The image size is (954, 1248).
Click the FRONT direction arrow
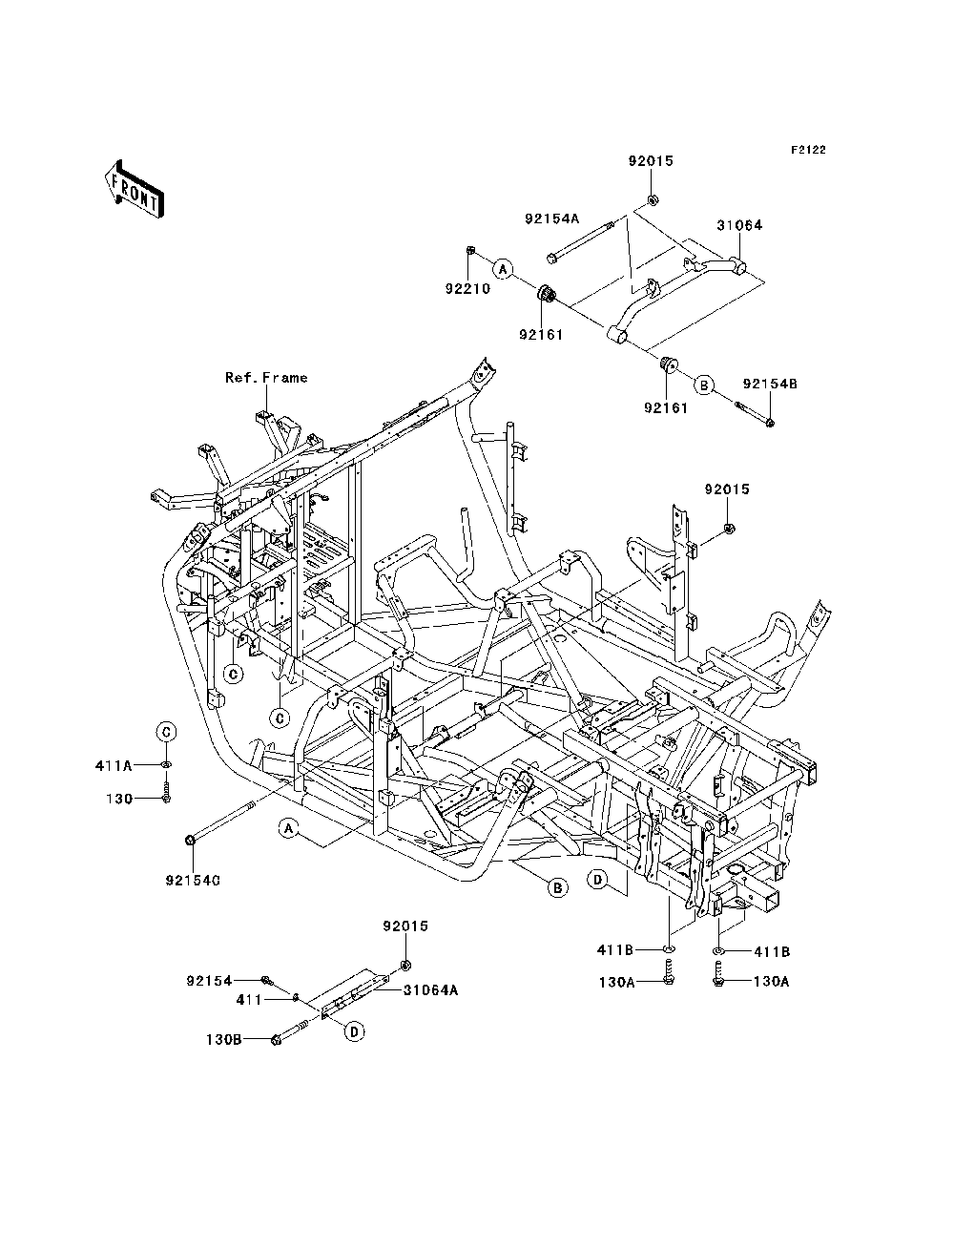(135, 189)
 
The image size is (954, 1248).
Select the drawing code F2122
(808, 150)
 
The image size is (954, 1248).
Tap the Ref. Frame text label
(266, 378)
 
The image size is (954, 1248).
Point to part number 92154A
(551, 218)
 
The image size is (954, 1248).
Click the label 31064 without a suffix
(739, 225)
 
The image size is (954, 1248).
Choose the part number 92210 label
(467, 289)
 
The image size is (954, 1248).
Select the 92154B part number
(770, 384)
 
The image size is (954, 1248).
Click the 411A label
(114, 766)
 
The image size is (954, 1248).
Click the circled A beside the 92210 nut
(502, 269)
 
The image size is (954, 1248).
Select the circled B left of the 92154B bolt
(703, 385)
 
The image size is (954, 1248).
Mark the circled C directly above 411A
(166, 732)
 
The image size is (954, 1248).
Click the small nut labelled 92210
(470, 251)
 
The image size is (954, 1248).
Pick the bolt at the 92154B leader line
(755, 414)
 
